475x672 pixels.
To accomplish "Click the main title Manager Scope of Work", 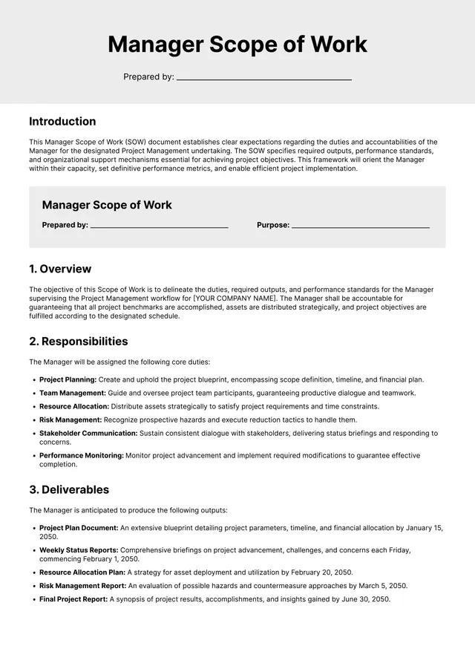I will [237, 45].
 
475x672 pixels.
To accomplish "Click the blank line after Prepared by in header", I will [263, 77].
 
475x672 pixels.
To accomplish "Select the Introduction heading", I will [62, 122].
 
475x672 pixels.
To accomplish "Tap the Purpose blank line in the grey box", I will [361, 226].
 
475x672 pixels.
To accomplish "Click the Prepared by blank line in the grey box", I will [159, 226].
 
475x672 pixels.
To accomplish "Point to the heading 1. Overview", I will [60, 269].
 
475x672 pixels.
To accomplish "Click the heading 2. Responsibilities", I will [78, 342].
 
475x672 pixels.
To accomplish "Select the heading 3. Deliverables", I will [69, 490].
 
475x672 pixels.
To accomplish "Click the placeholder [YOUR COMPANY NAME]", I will [234, 299].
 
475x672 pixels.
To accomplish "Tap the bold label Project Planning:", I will [68, 379].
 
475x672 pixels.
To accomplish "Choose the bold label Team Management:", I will [73, 393].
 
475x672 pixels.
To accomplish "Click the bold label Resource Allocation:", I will [74, 406].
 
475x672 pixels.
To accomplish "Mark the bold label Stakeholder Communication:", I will [88, 433].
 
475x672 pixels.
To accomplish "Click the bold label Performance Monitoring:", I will [82, 455].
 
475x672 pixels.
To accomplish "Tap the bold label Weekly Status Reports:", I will [77, 550].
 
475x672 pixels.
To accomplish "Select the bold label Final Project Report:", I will [73, 599].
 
